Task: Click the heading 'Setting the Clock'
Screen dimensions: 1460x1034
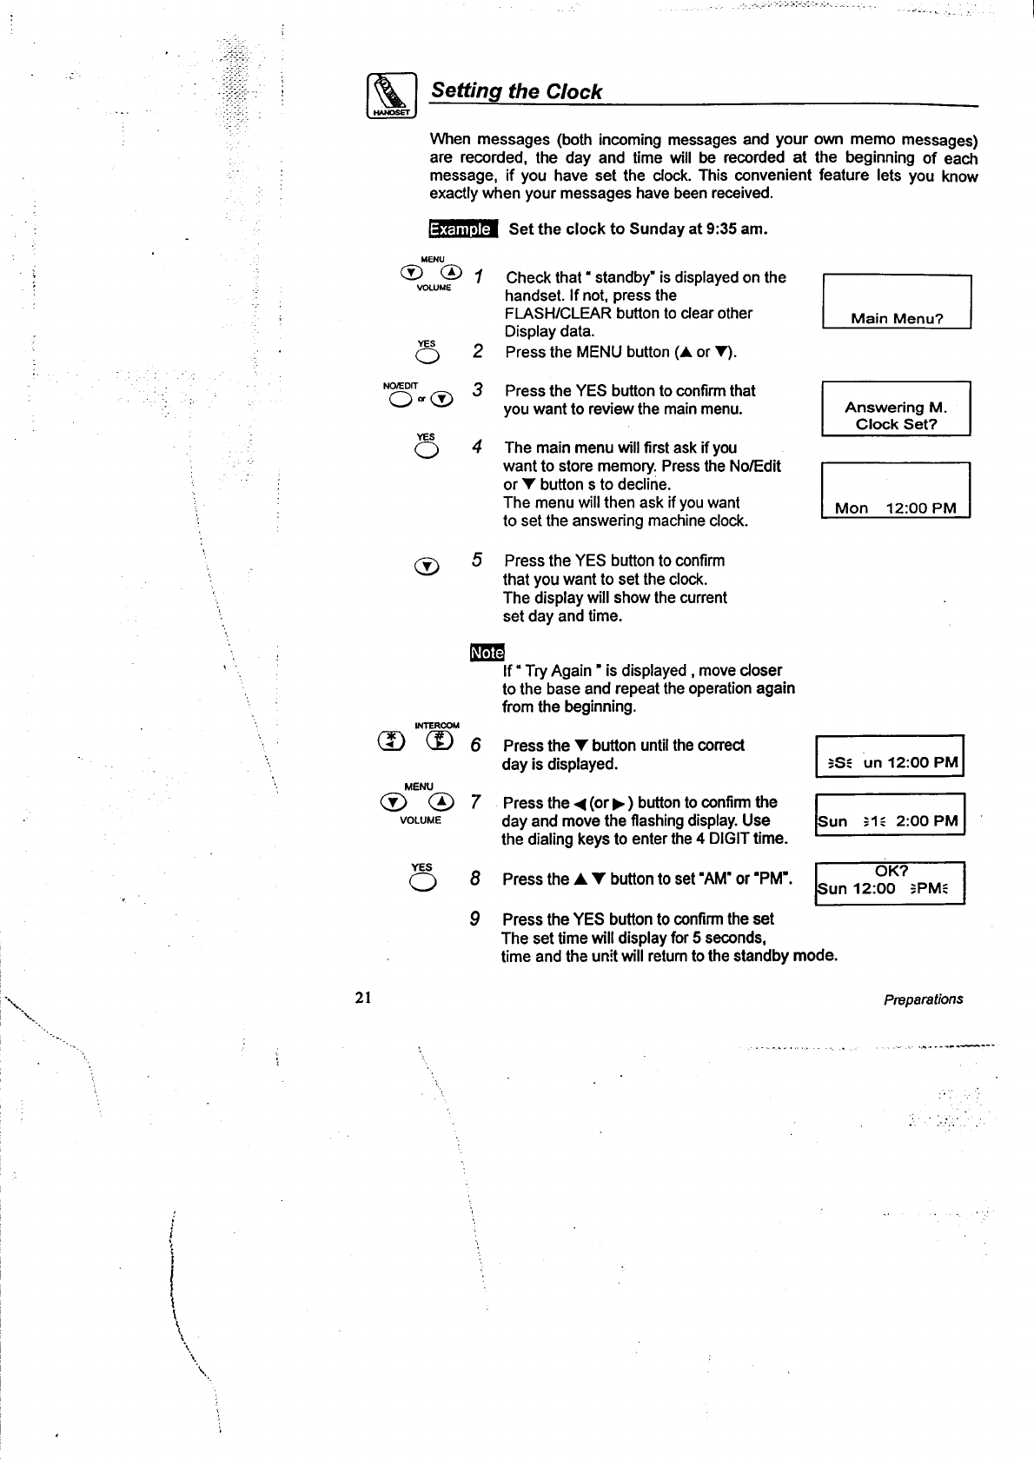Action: tap(516, 91)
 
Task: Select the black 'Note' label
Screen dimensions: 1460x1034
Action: tap(486, 653)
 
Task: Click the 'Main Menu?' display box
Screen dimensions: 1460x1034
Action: tap(896, 302)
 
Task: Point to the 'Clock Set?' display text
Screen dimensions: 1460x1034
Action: tap(896, 424)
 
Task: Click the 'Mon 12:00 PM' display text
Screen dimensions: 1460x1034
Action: tap(895, 508)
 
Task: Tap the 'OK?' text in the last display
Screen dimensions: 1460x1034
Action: tap(891, 871)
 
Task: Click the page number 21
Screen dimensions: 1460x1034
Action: tap(363, 998)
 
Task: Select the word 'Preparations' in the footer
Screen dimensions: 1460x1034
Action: tap(923, 999)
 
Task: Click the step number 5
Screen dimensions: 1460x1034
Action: tap(477, 560)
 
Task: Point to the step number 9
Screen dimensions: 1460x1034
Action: tap(475, 919)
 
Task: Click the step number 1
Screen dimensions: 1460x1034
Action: tap(478, 276)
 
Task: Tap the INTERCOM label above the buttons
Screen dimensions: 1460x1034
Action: tap(436, 725)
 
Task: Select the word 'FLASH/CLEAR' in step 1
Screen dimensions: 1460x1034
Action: tap(558, 313)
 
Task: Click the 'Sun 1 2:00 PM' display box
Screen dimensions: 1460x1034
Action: tap(891, 815)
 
